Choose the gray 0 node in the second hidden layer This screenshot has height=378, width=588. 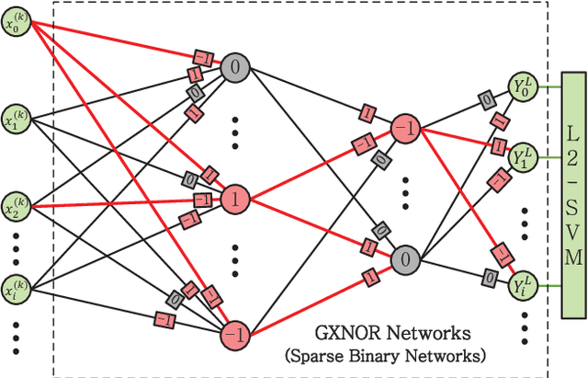[405, 258]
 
